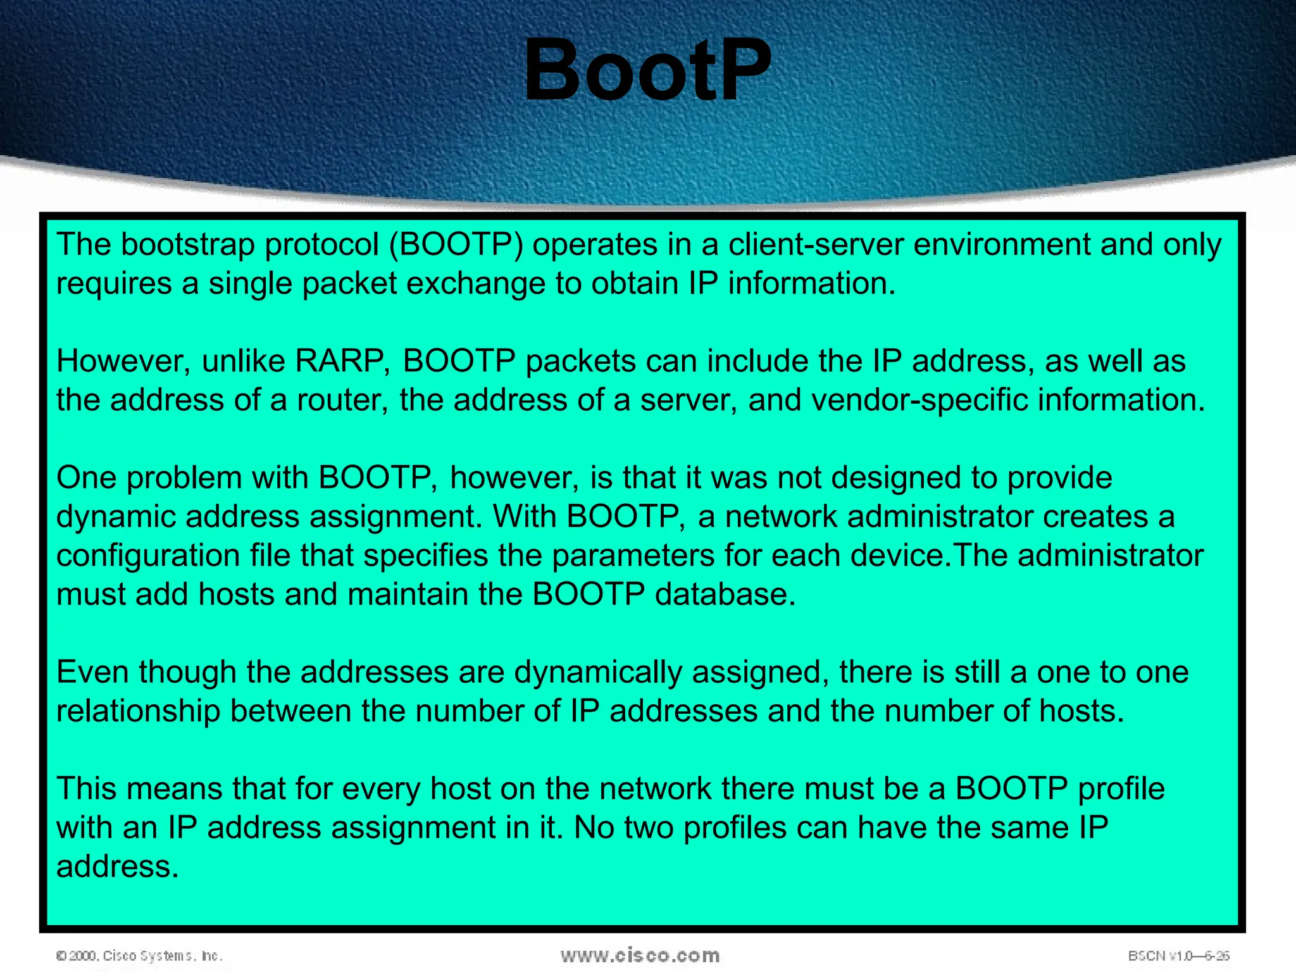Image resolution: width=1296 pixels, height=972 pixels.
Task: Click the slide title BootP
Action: tap(647, 71)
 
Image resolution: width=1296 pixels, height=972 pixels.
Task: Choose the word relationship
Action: tap(137, 711)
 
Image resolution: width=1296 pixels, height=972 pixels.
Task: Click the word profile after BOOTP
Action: tap(1121, 789)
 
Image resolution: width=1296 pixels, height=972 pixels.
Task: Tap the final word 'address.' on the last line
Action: tap(117, 867)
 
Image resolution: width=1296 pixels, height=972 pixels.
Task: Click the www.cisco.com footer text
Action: tap(640, 956)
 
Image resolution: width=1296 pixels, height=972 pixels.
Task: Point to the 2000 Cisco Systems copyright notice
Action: tap(139, 956)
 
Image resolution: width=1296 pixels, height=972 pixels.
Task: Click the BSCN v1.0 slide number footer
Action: tap(1178, 956)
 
